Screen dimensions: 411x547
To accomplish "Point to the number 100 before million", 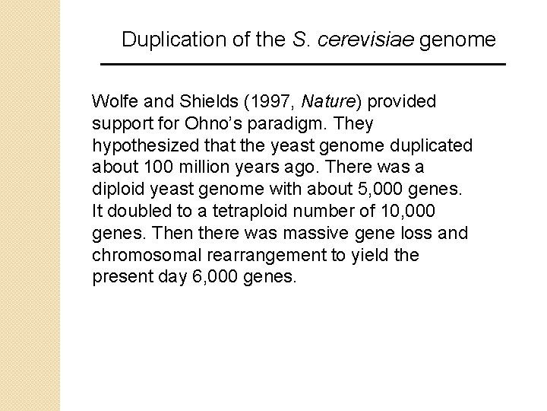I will [145, 167].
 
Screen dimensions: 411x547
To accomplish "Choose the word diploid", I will [116, 190].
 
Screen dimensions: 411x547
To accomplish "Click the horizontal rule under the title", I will [304, 65].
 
